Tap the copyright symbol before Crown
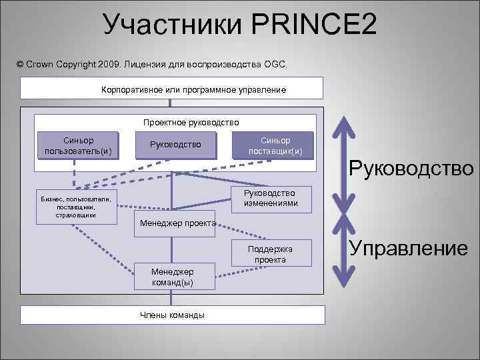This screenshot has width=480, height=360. [20, 64]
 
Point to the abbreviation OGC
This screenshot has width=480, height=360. [274, 64]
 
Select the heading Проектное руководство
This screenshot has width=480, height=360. [191, 123]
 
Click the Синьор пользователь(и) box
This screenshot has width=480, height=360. [78, 145]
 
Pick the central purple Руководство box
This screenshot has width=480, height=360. [176, 145]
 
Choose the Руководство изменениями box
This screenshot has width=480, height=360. [271, 198]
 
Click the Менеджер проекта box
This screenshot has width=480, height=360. [177, 223]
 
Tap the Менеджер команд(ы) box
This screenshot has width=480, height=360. [173, 277]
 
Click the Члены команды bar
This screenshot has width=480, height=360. [172, 315]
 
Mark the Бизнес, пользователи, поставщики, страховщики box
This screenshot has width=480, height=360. [76, 207]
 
